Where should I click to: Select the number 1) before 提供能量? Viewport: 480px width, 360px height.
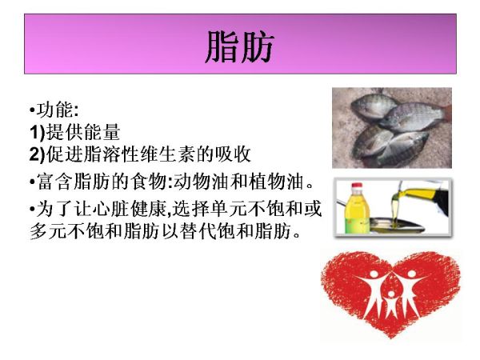pos(38,132)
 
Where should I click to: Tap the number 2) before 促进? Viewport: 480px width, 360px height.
pos(38,154)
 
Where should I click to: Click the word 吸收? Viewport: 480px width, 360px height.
pos(233,154)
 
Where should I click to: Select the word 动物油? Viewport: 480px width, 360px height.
pos(201,182)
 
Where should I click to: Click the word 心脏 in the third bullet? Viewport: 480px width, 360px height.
pos(110,209)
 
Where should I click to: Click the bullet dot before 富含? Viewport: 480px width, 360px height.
pos(32,182)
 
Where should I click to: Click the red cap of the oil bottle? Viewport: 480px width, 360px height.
pos(357,186)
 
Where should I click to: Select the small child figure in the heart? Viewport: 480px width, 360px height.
pos(391,304)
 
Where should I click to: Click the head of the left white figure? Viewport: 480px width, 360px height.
pos(374,274)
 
